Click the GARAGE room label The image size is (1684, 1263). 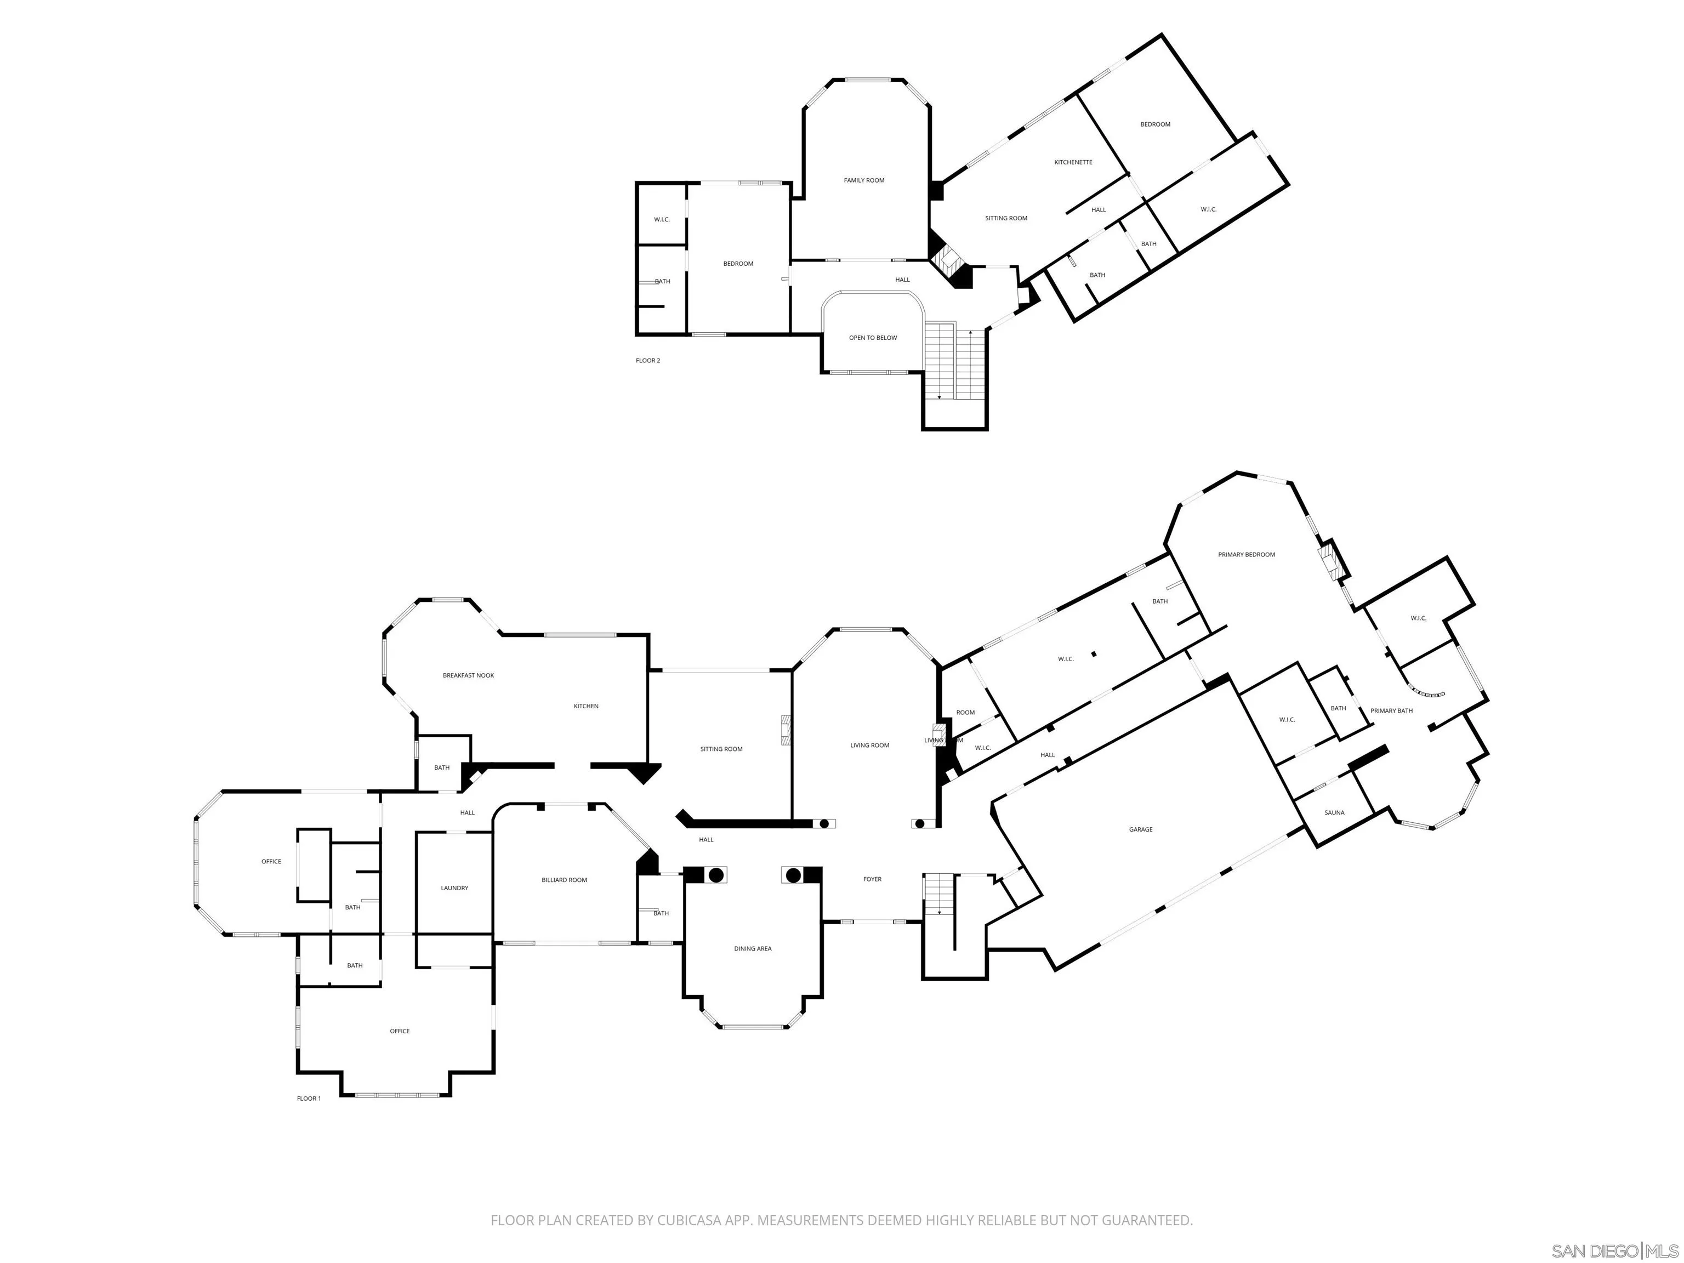(1140, 829)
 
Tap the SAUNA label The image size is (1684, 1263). (1334, 812)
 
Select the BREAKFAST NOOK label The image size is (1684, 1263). (468, 675)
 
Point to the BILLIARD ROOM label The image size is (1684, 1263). (564, 879)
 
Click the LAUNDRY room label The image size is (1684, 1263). (454, 887)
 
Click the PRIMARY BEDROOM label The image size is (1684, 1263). (1246, 554)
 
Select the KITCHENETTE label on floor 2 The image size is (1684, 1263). (1073, 162)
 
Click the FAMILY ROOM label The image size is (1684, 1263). (864, 180)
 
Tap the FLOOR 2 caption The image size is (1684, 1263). (648, 360)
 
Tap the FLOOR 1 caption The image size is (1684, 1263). (308, 1099)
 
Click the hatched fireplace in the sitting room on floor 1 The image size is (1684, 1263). (785, 729)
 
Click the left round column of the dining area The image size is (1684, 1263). (715, 875)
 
